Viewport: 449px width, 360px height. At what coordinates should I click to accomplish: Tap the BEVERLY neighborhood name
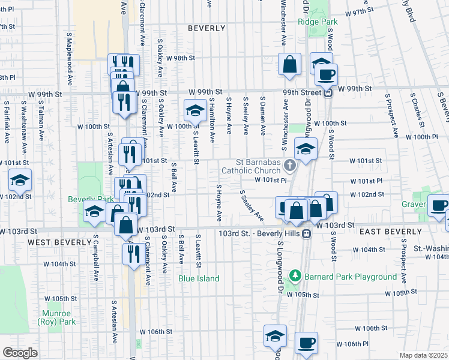(206, 28)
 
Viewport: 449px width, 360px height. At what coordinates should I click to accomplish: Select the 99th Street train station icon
(328, 92)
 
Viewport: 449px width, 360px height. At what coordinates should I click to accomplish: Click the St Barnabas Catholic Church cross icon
(291, 166)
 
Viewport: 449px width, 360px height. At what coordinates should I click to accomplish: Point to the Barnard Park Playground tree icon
(295, 277)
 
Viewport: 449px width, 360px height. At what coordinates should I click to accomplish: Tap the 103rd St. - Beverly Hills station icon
(306, 233)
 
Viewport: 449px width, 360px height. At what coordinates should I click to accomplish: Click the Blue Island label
(199, 278)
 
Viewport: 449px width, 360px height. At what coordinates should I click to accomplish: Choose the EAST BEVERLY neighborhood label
(390, 232)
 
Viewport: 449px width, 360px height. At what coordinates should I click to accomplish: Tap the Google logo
(20, 353)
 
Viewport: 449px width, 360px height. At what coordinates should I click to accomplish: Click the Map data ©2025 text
(423, 355)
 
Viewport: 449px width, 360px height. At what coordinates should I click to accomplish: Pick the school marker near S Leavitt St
(195, 111)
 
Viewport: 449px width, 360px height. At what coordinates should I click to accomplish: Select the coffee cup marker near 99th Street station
(326, 75)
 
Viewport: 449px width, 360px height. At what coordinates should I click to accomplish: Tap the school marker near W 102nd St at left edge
(20, 180)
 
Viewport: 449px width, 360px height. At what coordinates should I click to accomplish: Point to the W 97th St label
(360, 11)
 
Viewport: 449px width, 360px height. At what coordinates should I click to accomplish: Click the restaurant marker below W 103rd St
(131, 254)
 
